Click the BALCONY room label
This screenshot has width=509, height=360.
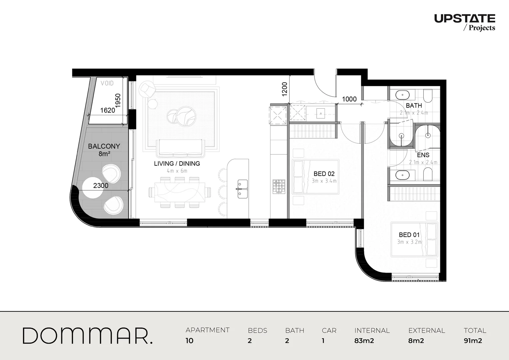pos(104,146)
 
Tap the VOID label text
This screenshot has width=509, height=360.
pos(107,83)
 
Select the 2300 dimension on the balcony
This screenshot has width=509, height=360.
pos(101,186)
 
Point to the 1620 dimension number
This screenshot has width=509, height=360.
pos(107,110)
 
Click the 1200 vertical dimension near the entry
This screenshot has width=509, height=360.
pos(284,89)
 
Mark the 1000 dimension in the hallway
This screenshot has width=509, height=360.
pos(349,99)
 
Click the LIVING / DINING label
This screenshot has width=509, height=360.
pos(177,164)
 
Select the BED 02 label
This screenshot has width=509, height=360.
pos(324,174)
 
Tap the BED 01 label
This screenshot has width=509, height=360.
pos(409,235)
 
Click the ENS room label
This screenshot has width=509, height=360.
pos(423,155)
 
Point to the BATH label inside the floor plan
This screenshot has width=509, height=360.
pos(414,105)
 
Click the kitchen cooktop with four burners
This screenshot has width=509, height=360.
pos(279,187)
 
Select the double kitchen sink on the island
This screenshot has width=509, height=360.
pos(242,189)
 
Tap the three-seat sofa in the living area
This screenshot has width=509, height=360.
pos(180,148)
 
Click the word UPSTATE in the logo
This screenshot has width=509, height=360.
pos(464,18)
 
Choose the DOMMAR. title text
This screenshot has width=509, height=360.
pos(87,336)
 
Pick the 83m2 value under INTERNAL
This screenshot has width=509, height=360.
pos(364,341)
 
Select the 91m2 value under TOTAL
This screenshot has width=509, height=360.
pos(473,341)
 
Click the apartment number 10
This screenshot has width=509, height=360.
pos(189,341)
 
